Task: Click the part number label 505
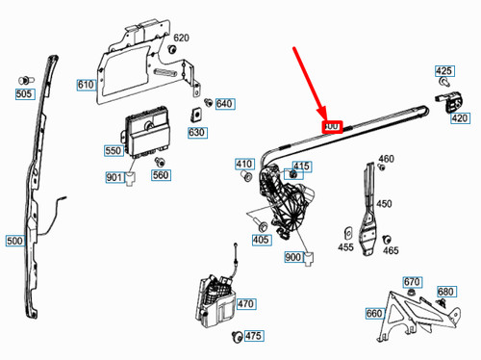click(x=24, y=93)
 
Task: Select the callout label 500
click(x=16, y=241)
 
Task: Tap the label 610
click(x=86, y=86)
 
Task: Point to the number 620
click(x=181, y=39)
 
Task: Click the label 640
click(x=224, y=104)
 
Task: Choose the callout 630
click(x=196, y=132)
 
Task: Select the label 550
click(x=114, y=151)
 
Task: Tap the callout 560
click(x=161, y=175)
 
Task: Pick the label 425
click(x=443, y=71)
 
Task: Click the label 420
click(x=460, y=117)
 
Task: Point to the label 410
click(x=244, y=165)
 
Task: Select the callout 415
click(x=302, y=167)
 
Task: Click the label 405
click(x=261, y=240)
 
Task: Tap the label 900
click(x=293, y=257)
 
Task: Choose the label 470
click(x=246, y=303)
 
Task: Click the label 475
click(x=253, y=336)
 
